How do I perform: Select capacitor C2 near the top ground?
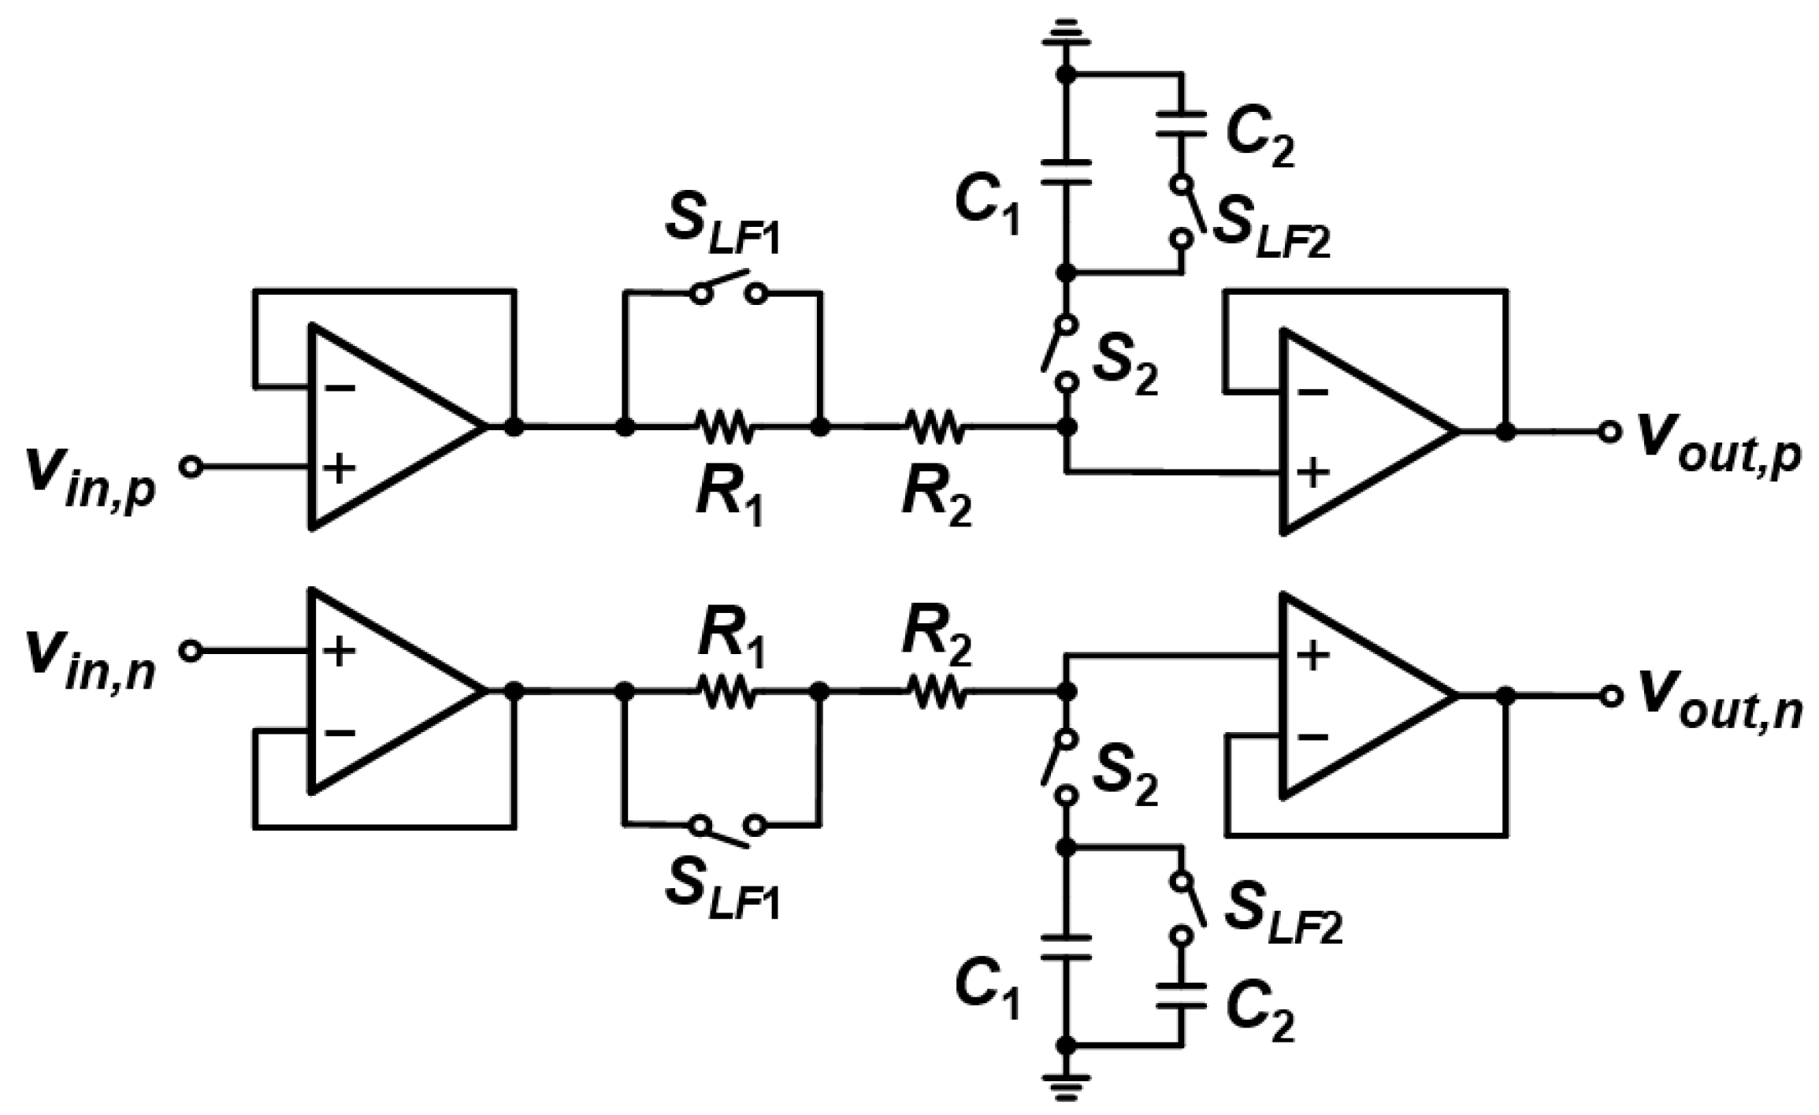tap(1181, 125)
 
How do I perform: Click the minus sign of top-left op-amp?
tap(340, 387)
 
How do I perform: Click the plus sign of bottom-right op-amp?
tap(1312, 656)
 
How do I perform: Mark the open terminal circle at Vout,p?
tap(1609, 432)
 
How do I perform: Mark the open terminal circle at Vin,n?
tap(190, 651)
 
